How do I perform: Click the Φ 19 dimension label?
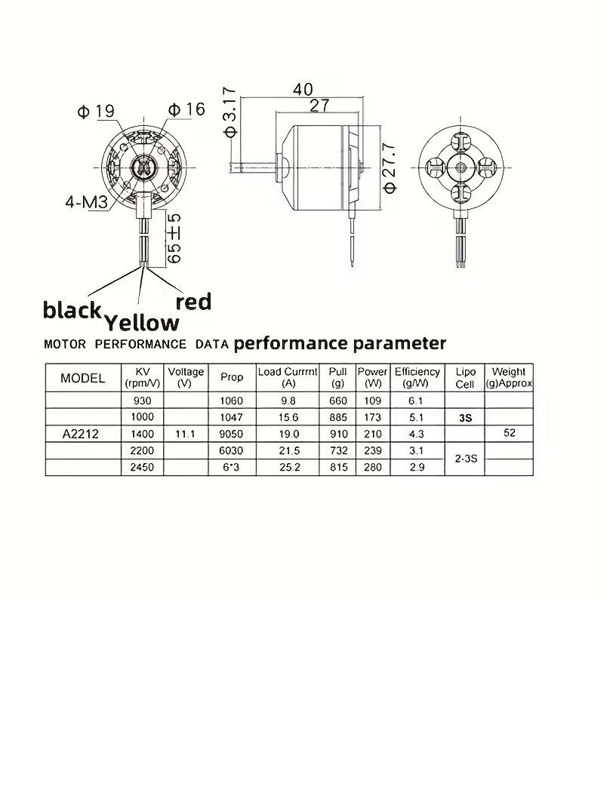(x=96, y=111)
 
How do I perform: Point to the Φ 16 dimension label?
(x=186, y=109)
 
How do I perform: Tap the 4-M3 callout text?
(x=87, y=202)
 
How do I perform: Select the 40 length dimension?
(x=303, y=89)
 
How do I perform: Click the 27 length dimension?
(x=319, y=106)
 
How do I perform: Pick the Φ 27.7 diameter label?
(x=390, y=168)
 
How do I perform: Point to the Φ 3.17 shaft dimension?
(x=229, y=112)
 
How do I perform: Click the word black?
(x=72, y=310)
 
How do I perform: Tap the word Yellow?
(x=142, y=323)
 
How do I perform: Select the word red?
(x=193, y=302)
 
